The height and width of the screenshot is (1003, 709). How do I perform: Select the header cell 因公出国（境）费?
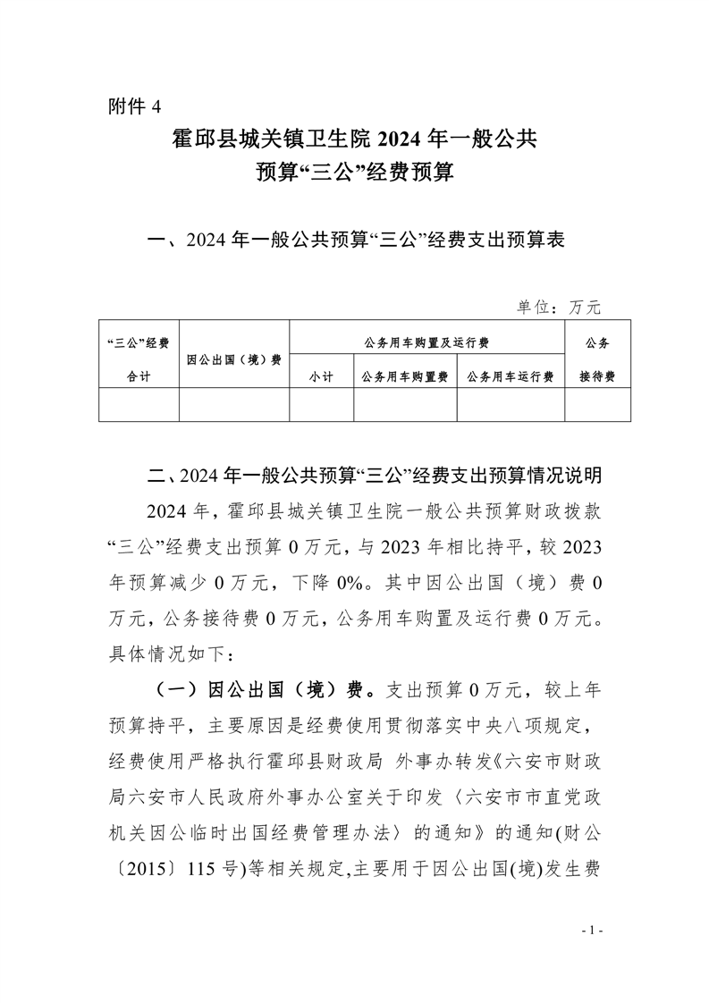click(x=234, y=359)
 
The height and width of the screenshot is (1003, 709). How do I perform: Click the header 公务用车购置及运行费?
click(x=426, y=342)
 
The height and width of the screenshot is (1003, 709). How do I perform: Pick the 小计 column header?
click(x=321, y=377)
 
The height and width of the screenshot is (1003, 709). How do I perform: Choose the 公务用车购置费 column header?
click(x=405, y=377)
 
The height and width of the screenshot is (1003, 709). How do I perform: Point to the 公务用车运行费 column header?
click(x=511, y=377)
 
